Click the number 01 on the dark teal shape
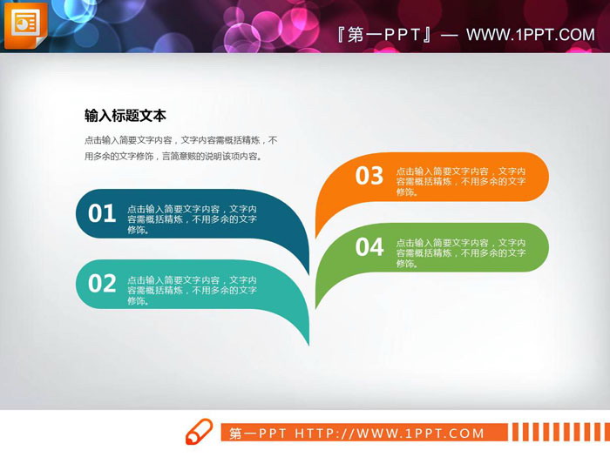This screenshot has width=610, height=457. coord(102,213)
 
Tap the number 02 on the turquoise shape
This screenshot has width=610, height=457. coord(102,283)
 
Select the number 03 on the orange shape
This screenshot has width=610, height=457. coord(369,176)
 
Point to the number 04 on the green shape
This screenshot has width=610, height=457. coord(369,247)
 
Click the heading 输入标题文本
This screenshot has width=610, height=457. coord(125,115)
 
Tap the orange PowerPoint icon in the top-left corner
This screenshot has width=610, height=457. coord(25,25)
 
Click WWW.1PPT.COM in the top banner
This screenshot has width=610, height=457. coord(530,35)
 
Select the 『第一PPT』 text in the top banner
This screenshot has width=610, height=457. coord(384,35)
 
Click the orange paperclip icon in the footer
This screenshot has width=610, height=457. coord(199,432)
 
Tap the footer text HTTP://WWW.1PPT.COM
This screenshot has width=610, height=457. coord(390,433)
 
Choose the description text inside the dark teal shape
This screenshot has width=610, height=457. coord(192,219)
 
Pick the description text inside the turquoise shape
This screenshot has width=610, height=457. coord(192,290)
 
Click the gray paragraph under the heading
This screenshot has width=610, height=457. coord(180,148)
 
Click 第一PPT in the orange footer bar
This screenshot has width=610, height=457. coord(258,433)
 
